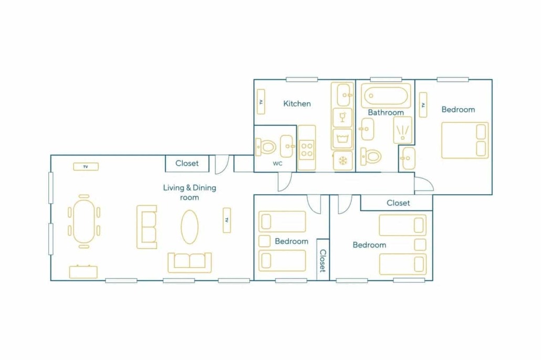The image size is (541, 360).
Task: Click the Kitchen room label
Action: (297, 103)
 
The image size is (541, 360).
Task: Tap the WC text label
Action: (277, 163)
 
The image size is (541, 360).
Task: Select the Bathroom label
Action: (386, 112)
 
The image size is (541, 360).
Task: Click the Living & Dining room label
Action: (190, 193)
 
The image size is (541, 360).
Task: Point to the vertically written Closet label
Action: (323, 261)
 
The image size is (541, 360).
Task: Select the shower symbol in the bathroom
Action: (403, 130)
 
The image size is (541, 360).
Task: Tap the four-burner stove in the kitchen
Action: (307, 150)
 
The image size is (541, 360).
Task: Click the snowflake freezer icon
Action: (343, 161)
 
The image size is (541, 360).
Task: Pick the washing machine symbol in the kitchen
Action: (342, 139)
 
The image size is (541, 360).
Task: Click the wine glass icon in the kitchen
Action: (342, 117)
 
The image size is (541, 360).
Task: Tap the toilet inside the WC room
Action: (266, 147)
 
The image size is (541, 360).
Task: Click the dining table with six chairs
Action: (84, 221)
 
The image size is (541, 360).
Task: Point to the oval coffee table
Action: (190, 227)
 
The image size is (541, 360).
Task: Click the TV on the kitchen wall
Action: (261, 102)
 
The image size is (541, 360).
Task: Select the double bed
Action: (465, 140)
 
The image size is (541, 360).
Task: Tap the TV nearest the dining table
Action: (86, 166)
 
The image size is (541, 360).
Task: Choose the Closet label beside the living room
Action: (187, 163)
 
